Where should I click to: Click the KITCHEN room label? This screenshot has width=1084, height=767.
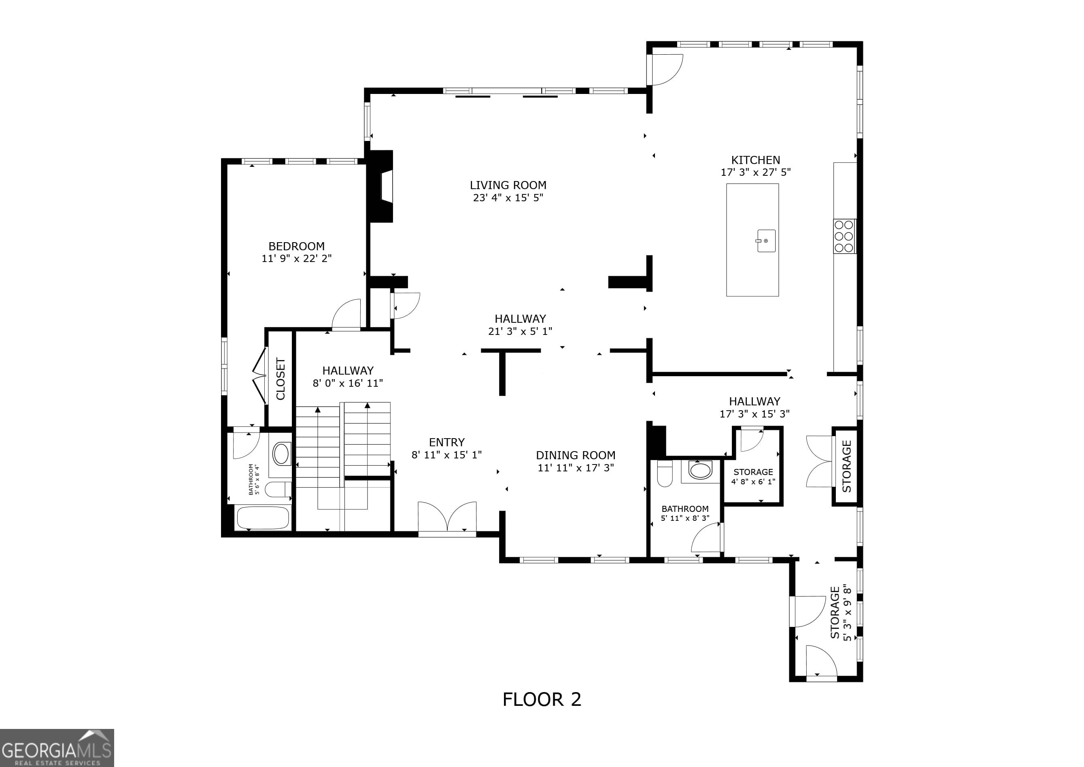(x=755, y=160)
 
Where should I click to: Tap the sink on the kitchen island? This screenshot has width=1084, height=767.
(x=766, y=241)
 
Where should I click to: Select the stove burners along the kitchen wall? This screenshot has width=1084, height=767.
(x=844, y=236)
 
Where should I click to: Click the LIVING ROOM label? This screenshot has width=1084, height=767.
(x=508, y=185)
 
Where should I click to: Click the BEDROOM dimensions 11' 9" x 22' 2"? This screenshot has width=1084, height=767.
(x=296, y=258)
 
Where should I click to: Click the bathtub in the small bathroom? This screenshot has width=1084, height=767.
(x=263, y=518)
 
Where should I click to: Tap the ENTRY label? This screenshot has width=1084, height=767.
(x=446, y=443)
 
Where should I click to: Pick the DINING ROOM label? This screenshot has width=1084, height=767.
(x=576, y=455)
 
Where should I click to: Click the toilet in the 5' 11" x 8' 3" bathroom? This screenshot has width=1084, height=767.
(x=665, y=474)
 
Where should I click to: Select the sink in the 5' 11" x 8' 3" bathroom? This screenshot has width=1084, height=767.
(x=700, y=471)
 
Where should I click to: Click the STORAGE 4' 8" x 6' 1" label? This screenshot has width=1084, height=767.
(x=753, y=477)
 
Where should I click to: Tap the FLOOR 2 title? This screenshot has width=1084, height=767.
(x=542, y=699)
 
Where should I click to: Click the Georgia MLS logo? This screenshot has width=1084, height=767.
(x=57, y=748)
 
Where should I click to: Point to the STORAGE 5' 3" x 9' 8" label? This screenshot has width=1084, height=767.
(x=841, y=613)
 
